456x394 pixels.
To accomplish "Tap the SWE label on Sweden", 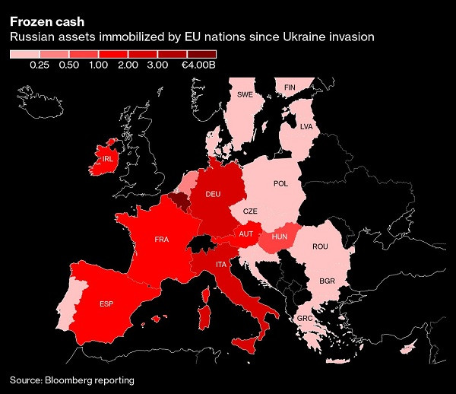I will point(245,95).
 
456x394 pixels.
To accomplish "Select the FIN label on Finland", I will point(289,87).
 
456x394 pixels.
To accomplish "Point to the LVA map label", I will point(306,126).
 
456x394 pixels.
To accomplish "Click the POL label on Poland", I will point(280,183).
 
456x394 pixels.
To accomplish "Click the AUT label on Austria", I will point(245,234).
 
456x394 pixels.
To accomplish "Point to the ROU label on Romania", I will point(319,246).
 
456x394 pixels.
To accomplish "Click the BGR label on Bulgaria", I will point(327,281).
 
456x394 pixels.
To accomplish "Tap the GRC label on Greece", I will point(305,318).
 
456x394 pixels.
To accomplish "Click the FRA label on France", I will point(161,240).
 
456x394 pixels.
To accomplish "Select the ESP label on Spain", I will point(107,304).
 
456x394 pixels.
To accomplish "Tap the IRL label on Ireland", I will point(107,160).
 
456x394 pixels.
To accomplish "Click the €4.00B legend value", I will point(199,67).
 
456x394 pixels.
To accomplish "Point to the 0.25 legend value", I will point(40,67).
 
